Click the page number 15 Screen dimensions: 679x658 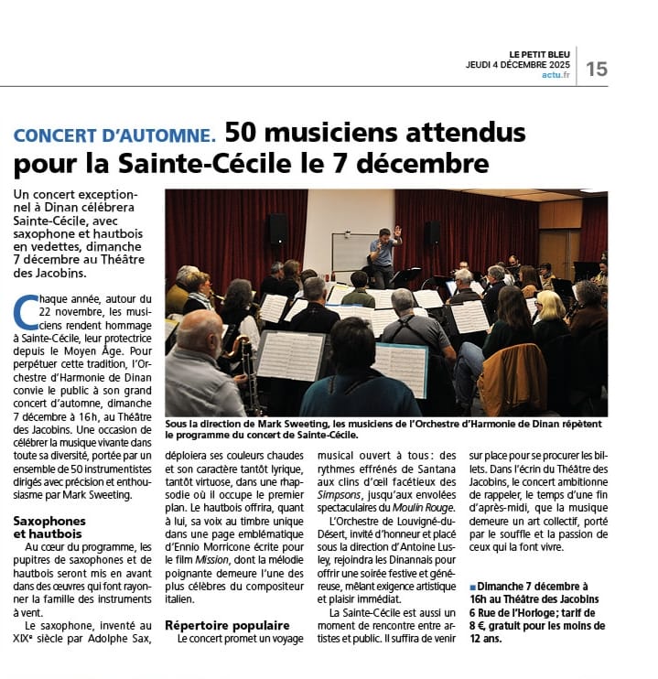click(597, 69)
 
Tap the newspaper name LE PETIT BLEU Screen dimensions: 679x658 click(541, 54)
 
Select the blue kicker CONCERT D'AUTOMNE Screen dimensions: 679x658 click(114, 135)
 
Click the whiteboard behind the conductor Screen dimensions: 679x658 click(351, 251)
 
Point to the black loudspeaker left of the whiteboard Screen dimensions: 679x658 click(277, 229)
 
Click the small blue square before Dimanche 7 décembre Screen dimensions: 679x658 click(473, 587)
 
